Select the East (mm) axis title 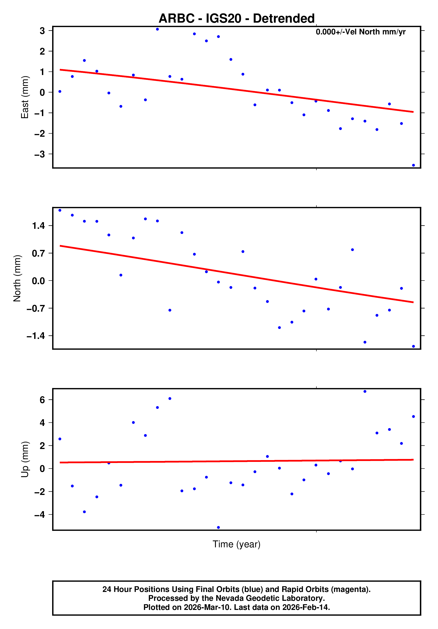[25, 97]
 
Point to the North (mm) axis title [17, 278]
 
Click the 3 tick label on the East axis [42, 31]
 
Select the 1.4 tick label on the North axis [38, 226]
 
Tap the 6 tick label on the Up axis [42, 400]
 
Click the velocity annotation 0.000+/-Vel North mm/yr [361, 32]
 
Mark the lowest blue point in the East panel [413, 165]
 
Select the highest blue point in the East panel [158, 29]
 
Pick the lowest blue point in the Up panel [218, 527]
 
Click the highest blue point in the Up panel [365, 392]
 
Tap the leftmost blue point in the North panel [60, 210]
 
